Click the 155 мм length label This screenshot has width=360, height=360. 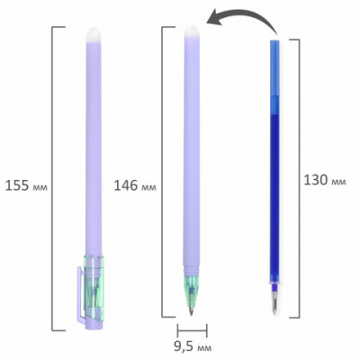point(26,186)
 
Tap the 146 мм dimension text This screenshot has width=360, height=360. point(135,186)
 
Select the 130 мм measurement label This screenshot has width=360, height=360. point(325,181)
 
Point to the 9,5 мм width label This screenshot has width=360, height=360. point(193,347)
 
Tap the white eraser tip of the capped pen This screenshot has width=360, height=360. point(94,35)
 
